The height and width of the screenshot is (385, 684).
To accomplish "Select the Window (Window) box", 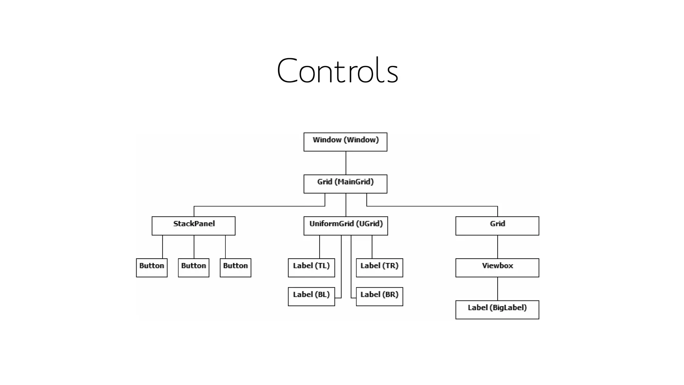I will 345,142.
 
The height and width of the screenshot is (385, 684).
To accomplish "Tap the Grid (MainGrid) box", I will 345,184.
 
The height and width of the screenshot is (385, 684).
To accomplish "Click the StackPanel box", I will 193,226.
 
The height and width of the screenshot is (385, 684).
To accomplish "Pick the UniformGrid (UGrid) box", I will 346,226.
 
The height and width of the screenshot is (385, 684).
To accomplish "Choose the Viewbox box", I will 497,268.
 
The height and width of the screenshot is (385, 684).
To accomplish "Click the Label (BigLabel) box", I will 497,310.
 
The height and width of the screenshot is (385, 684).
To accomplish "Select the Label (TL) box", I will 311,268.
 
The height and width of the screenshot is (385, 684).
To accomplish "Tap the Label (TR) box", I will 379,268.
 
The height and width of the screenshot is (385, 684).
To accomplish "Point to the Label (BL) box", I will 311,296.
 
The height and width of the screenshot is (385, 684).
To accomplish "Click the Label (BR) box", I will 379,296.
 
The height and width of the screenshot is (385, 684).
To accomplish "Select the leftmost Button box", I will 152,268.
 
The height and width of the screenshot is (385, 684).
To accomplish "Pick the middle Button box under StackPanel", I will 193,268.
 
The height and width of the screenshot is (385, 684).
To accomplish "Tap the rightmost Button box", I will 235,268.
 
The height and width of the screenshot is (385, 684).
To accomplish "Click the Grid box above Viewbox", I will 497,226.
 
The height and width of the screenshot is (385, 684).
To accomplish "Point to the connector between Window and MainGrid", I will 346,163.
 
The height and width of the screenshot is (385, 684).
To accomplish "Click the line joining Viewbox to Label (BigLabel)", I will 498,289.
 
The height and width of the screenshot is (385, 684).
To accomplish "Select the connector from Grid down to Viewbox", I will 498,247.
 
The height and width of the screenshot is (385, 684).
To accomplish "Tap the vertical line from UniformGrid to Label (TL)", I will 320,247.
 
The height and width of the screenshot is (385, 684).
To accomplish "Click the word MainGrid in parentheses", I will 355,182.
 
